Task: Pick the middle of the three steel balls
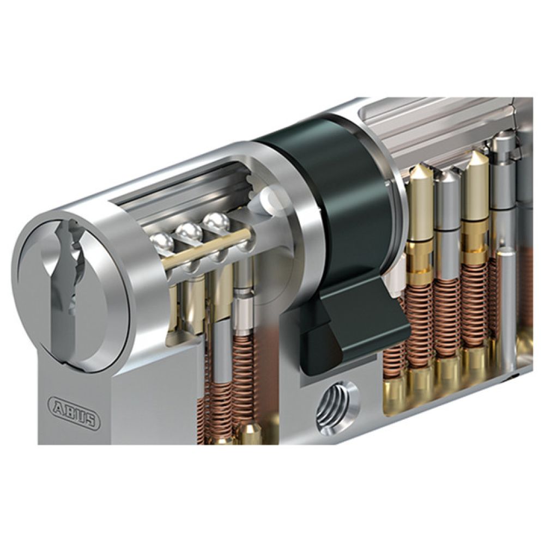coord(189,232)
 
